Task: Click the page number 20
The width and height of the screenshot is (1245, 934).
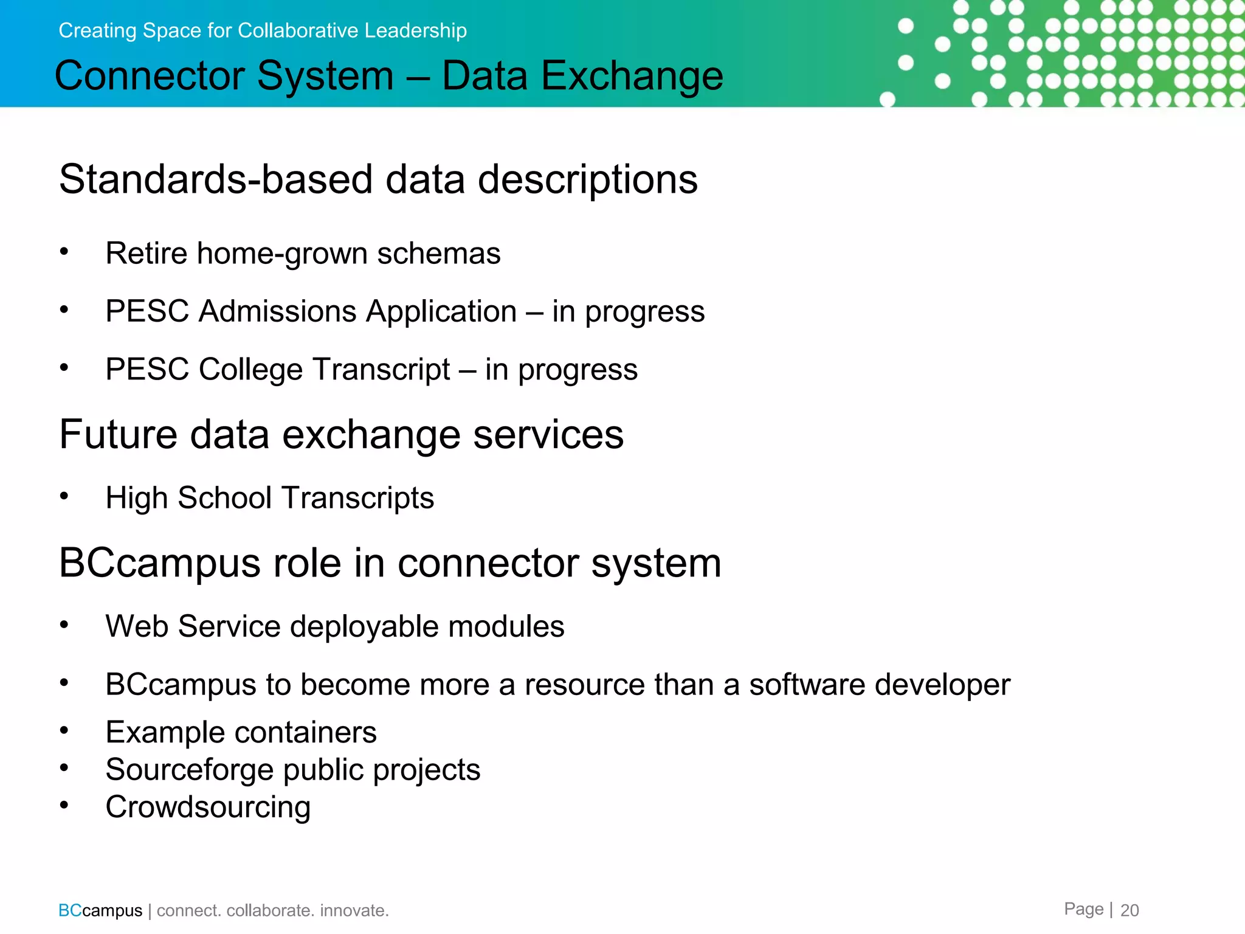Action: [x=1129, y=910]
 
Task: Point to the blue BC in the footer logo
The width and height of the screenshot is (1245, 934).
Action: [x=70, y=910]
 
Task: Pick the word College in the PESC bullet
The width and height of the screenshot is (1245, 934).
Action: [x=251, y=369]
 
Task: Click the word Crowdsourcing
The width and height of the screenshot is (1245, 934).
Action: [x=208, y=808]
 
